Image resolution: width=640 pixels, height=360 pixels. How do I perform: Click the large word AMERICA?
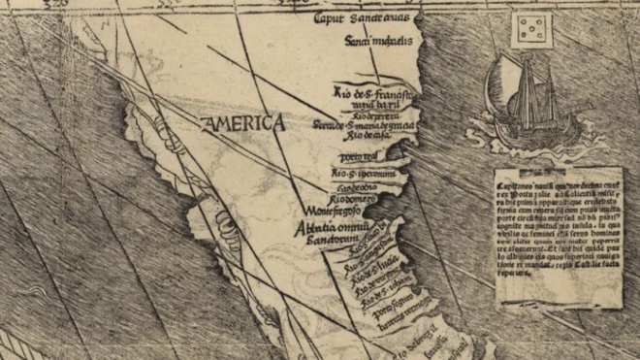243,123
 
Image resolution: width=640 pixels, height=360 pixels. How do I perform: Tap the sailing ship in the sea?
525,98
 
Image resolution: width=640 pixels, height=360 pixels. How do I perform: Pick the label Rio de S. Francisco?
372,91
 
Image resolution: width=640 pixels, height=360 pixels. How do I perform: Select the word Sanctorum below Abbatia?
319,239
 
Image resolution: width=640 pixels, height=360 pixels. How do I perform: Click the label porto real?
357,154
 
